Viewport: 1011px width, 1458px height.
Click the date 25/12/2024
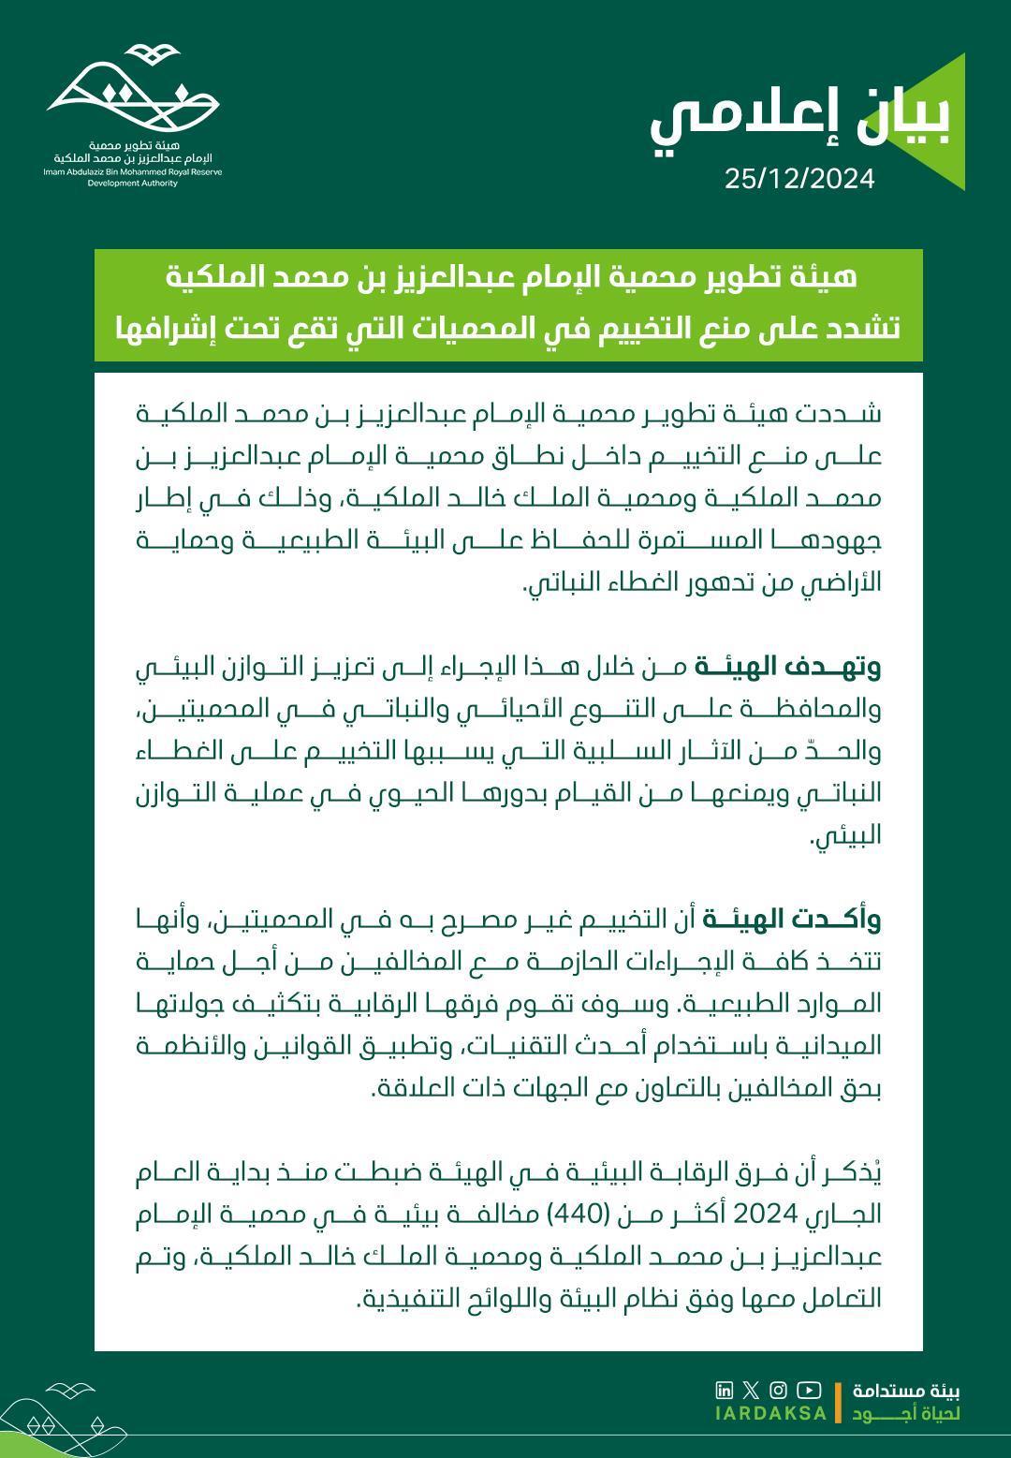click(799, 179)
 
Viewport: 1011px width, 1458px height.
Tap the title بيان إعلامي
click(799, 121)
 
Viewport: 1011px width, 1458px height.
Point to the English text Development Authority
click(132, 184)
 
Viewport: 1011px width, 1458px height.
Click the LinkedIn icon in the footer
click(724, 1390)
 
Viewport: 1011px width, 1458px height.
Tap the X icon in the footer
click(751, 1390)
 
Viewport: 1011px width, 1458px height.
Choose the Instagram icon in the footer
click(778, 1390)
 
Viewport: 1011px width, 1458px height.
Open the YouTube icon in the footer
click(810, 1390)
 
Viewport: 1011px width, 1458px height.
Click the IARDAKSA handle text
click(770, 1413)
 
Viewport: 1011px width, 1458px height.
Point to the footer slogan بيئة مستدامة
click(906, 1391)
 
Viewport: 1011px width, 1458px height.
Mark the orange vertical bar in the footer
click(838, 1402)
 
